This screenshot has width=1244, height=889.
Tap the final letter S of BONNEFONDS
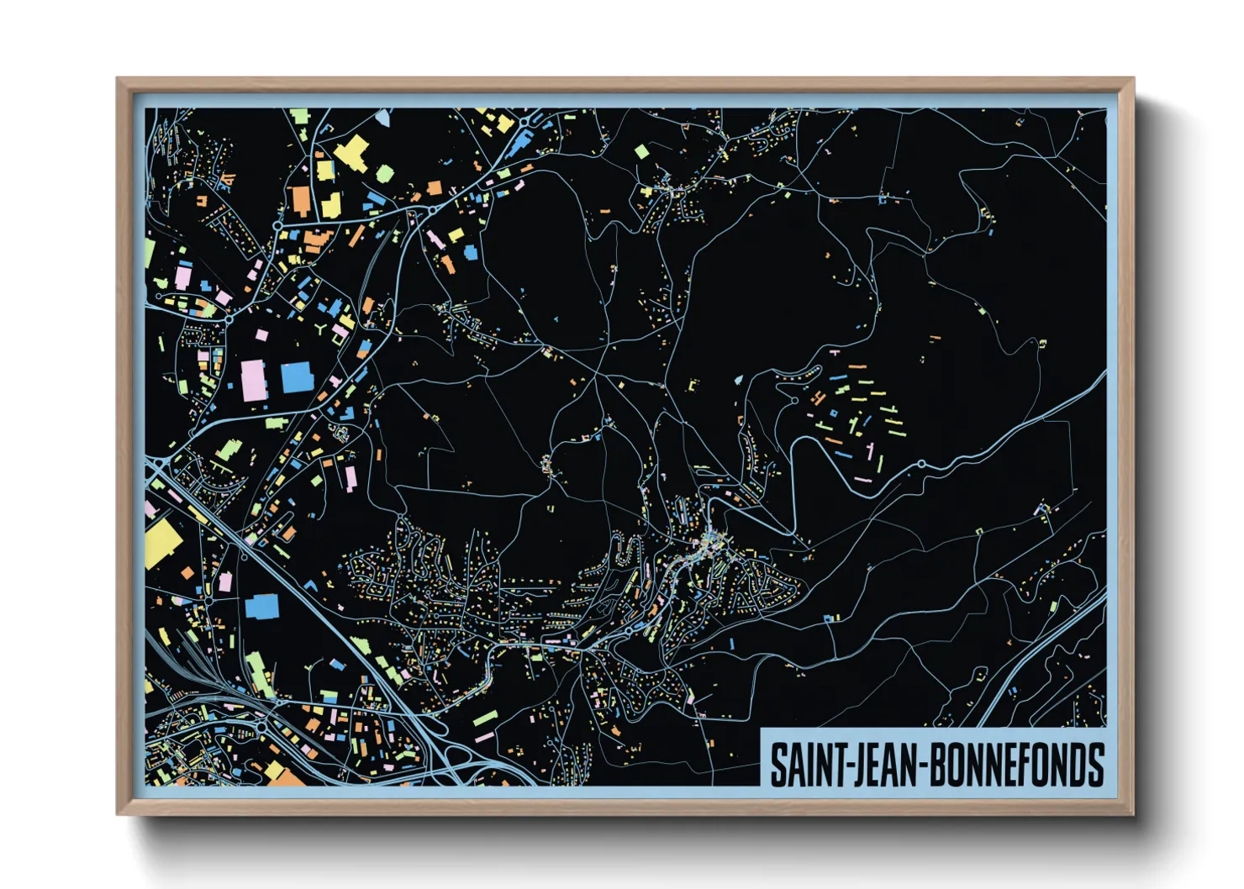pyautogui.click(x=1094, y=765)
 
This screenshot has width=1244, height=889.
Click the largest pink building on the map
pyautogui.click(x=255, y=381)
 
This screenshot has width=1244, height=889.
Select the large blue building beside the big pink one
pyautogui.click(x=297, y=378)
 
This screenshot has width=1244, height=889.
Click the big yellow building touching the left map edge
pyautogui.click(x=161, y=543)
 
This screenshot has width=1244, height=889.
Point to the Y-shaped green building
pyautogui.click(x=323, y=327)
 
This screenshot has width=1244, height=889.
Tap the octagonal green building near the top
pyautogui.click(x=384, y=174)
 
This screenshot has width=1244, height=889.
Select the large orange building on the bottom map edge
pyautogui.click(x=287, y=776)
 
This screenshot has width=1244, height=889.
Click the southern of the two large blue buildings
pyautogui.click(x=261, y=606)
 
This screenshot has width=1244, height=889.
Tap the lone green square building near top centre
pyautogui.click(x=641, y=152)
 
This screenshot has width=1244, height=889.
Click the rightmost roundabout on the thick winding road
pyautogui.click(x=921, y=464)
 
